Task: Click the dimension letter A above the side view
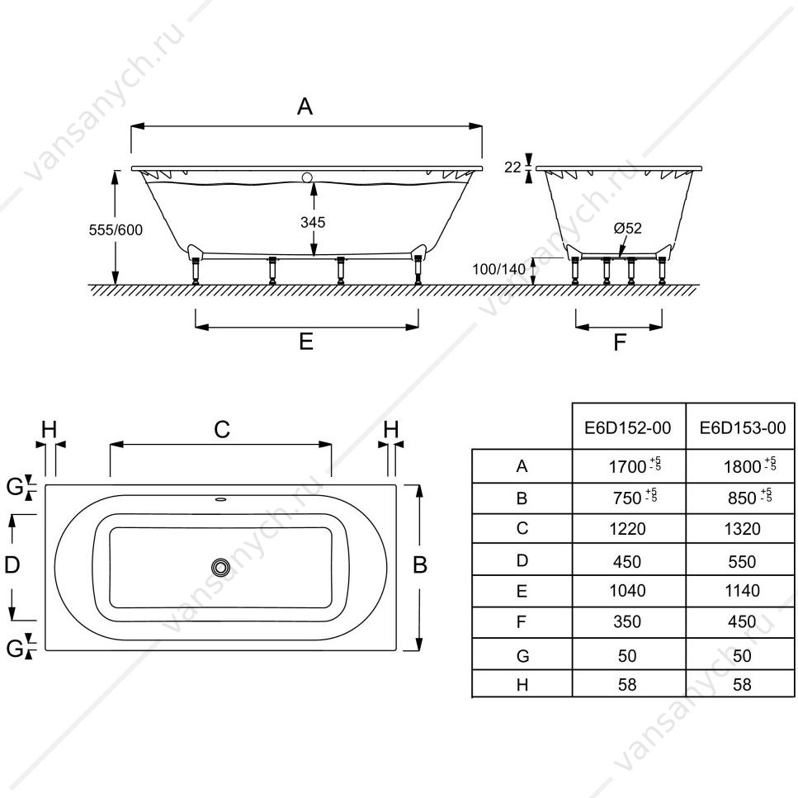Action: pos(305,106)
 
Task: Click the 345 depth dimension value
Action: pos(313,223)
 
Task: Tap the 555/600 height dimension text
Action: pos(116,230)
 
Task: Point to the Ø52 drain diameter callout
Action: pos(627,228)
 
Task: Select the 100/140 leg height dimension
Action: pos(498,269)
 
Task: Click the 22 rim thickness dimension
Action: pos(512,167)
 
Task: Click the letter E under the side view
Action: pos(306,342)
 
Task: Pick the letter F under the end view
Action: pos(620,342)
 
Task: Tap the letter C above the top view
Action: pos(222,430)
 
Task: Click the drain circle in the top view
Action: pos(220,567)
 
